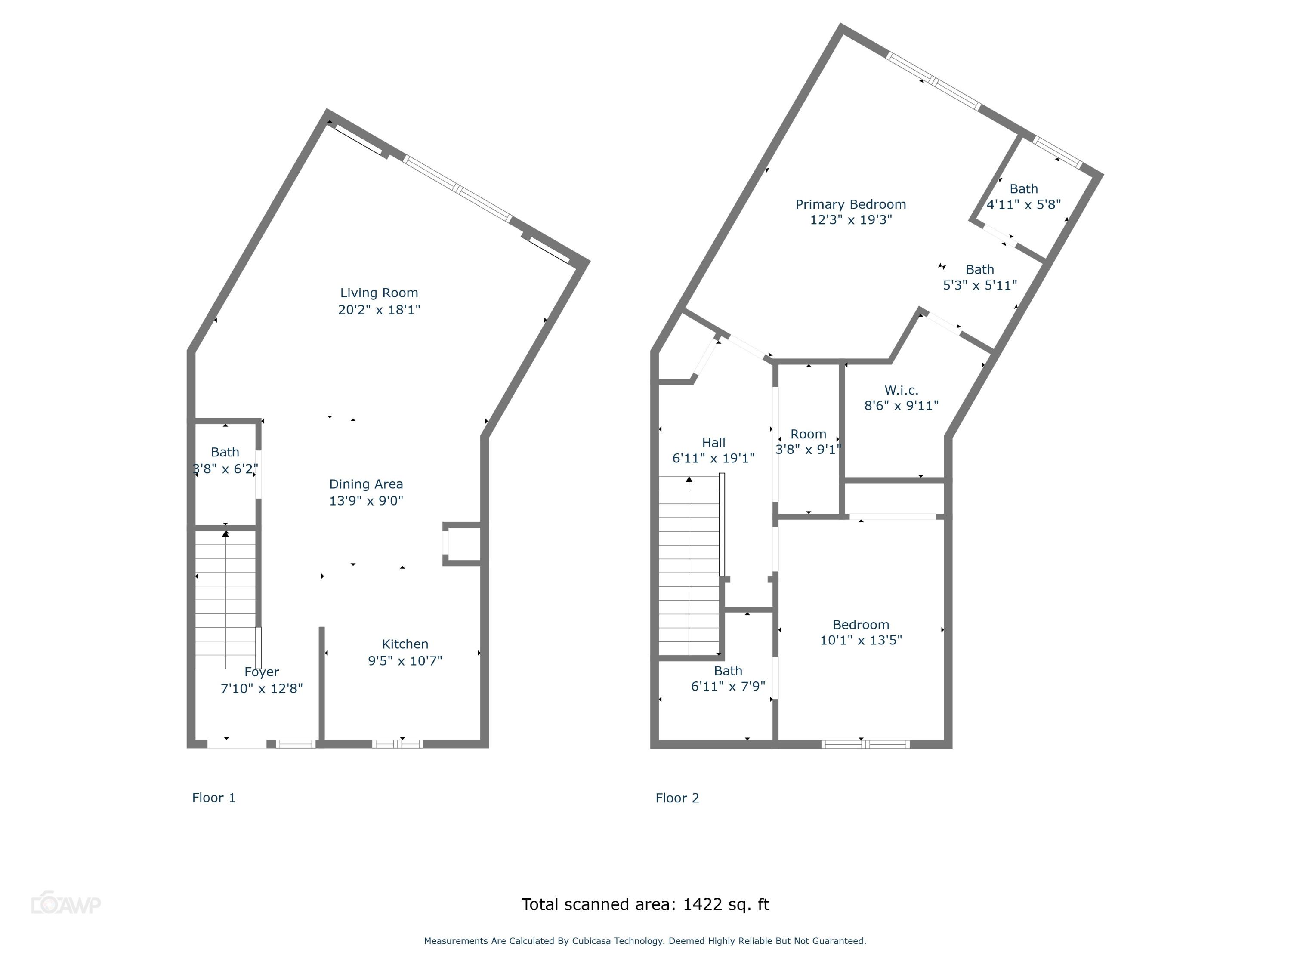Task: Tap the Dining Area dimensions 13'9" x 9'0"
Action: click(x=366, y=501)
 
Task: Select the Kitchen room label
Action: click(x=405, y=644)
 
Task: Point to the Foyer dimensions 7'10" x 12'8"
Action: click(x=262, y=688)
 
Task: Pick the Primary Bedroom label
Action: click(x=850, y=204)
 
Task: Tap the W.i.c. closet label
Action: click(x=901, y=390)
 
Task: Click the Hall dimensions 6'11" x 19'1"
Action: click(x=713, y=459)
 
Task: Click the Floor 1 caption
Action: click(x=213, y=798)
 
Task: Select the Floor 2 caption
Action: click(x=677, y=798)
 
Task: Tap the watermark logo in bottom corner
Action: click(x=65, y=904)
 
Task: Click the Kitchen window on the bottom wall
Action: click(x=398, y=743)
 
